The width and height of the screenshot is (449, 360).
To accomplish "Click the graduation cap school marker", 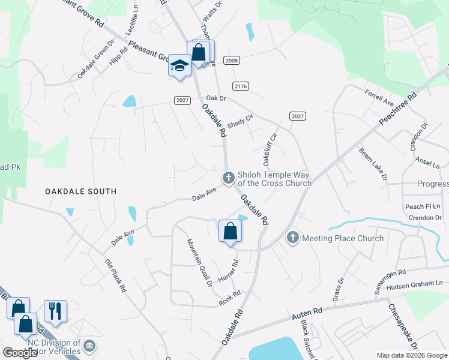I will [x=179, y=65].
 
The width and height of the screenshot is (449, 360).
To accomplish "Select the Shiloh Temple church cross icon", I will [x=228, y=178].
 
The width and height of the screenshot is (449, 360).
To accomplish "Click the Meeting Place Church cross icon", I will [x=293, y=238].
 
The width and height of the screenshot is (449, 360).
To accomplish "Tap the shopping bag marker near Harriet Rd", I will [x=230, y=231].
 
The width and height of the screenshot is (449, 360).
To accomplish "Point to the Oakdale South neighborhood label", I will [x=80, y=191].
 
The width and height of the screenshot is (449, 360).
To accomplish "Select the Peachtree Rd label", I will [x=397, y=109].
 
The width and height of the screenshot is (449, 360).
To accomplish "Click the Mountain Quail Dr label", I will [x=199, y=263].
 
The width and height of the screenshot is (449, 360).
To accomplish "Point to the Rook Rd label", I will [x=229, y=297].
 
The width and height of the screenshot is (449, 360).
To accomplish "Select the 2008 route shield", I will [x=231, y=61].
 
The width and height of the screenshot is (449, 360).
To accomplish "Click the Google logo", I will [x=20, y=353].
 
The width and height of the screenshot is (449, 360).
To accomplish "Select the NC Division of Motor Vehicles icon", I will [x=89, y=346].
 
